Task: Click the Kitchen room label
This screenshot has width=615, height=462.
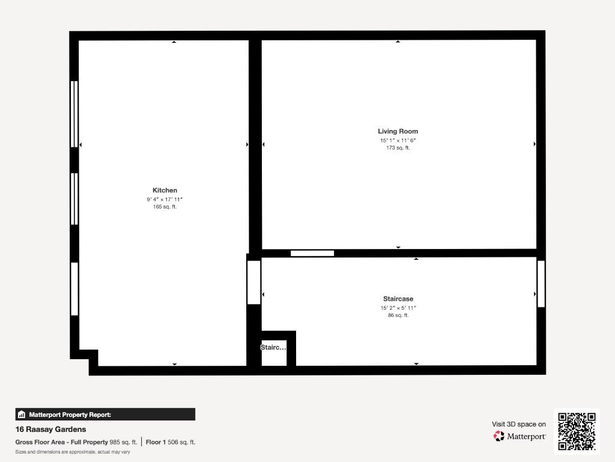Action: [165, 190]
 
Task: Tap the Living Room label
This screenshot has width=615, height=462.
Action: [398, 131]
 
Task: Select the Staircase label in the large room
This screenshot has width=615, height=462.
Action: [398, 298]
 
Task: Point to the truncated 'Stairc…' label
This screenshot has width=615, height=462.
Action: [273, 347]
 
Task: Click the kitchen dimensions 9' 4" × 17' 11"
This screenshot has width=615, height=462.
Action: [165, 199]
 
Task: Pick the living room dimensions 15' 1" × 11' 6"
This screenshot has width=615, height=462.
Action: [398, 140]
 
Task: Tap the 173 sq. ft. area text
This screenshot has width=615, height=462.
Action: [398, 148]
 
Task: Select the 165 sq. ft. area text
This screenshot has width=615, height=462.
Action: [165, 207]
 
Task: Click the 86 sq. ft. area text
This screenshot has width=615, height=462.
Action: [398, 315]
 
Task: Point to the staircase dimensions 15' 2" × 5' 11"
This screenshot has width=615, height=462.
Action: [398, 308]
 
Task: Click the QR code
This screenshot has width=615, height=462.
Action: [577, 431]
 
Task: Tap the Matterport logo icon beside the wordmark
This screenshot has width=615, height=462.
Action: [498, 436]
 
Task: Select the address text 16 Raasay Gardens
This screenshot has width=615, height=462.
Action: [50, 430]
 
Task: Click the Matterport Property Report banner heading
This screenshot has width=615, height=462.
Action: [70, 414]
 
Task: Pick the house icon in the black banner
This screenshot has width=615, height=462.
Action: [22, 414]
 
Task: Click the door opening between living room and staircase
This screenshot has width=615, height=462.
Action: [312, 253]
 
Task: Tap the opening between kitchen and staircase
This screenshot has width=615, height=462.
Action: [254, 283]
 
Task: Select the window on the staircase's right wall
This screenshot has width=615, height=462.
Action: [541, 284]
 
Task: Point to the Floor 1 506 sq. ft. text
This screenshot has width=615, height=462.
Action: [170, 442]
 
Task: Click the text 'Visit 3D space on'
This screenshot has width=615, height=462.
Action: [518, 424]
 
